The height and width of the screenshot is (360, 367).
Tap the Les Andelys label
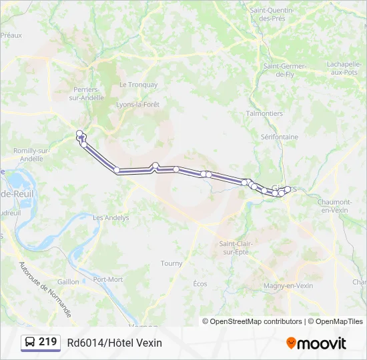tap(111, 217)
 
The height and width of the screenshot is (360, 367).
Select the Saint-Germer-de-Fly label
tap(284, 70)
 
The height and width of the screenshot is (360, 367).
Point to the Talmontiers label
tap(264, 113)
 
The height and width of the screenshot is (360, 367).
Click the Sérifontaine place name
tap(280, 137)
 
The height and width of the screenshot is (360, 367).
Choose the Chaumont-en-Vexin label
tap(335, 205)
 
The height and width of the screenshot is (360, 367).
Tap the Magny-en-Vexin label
tap(289, 285)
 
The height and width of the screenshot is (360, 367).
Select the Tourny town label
tap(171, 263)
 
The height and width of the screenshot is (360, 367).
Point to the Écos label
tap(200, 284)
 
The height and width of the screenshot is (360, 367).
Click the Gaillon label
tap(68, 281)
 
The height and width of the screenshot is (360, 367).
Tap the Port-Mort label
tap(107, 279)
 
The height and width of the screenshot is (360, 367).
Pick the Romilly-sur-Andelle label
tap(33, 155)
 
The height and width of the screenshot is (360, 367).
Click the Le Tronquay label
tap(138, 85)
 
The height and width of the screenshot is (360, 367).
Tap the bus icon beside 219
tap(30, 343)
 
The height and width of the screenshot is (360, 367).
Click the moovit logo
tap(316, 343)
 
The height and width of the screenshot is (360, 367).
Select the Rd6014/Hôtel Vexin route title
tap(114, 343)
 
